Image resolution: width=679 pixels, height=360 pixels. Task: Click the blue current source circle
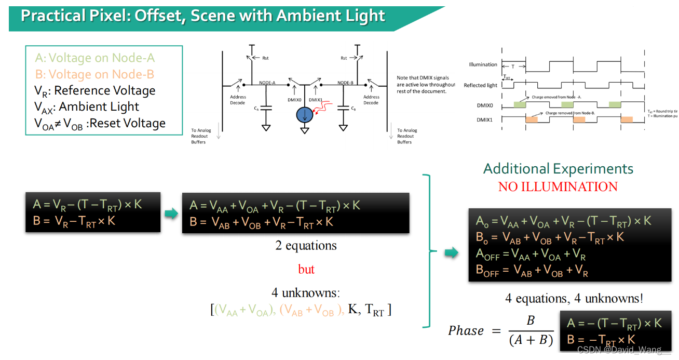point(305,116)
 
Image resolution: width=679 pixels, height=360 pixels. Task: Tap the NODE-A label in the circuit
point(267,83)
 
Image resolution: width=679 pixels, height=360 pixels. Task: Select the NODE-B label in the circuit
point(345,83)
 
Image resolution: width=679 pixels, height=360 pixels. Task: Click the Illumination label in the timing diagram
point(483,65)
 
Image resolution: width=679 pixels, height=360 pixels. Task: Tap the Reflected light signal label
point(480,85)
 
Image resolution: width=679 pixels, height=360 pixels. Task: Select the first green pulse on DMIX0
point(519,105)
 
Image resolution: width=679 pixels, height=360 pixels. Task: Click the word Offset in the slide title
point(157,15)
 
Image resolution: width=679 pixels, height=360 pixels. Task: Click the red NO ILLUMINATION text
point(558,187)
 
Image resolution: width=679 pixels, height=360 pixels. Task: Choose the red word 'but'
point(306,269)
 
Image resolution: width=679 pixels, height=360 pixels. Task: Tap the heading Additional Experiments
point(558,169)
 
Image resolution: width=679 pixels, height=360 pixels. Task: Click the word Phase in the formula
point(466,331)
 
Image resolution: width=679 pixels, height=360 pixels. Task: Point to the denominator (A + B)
point(530,340)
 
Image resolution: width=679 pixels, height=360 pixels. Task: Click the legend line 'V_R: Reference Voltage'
point(95,91)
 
